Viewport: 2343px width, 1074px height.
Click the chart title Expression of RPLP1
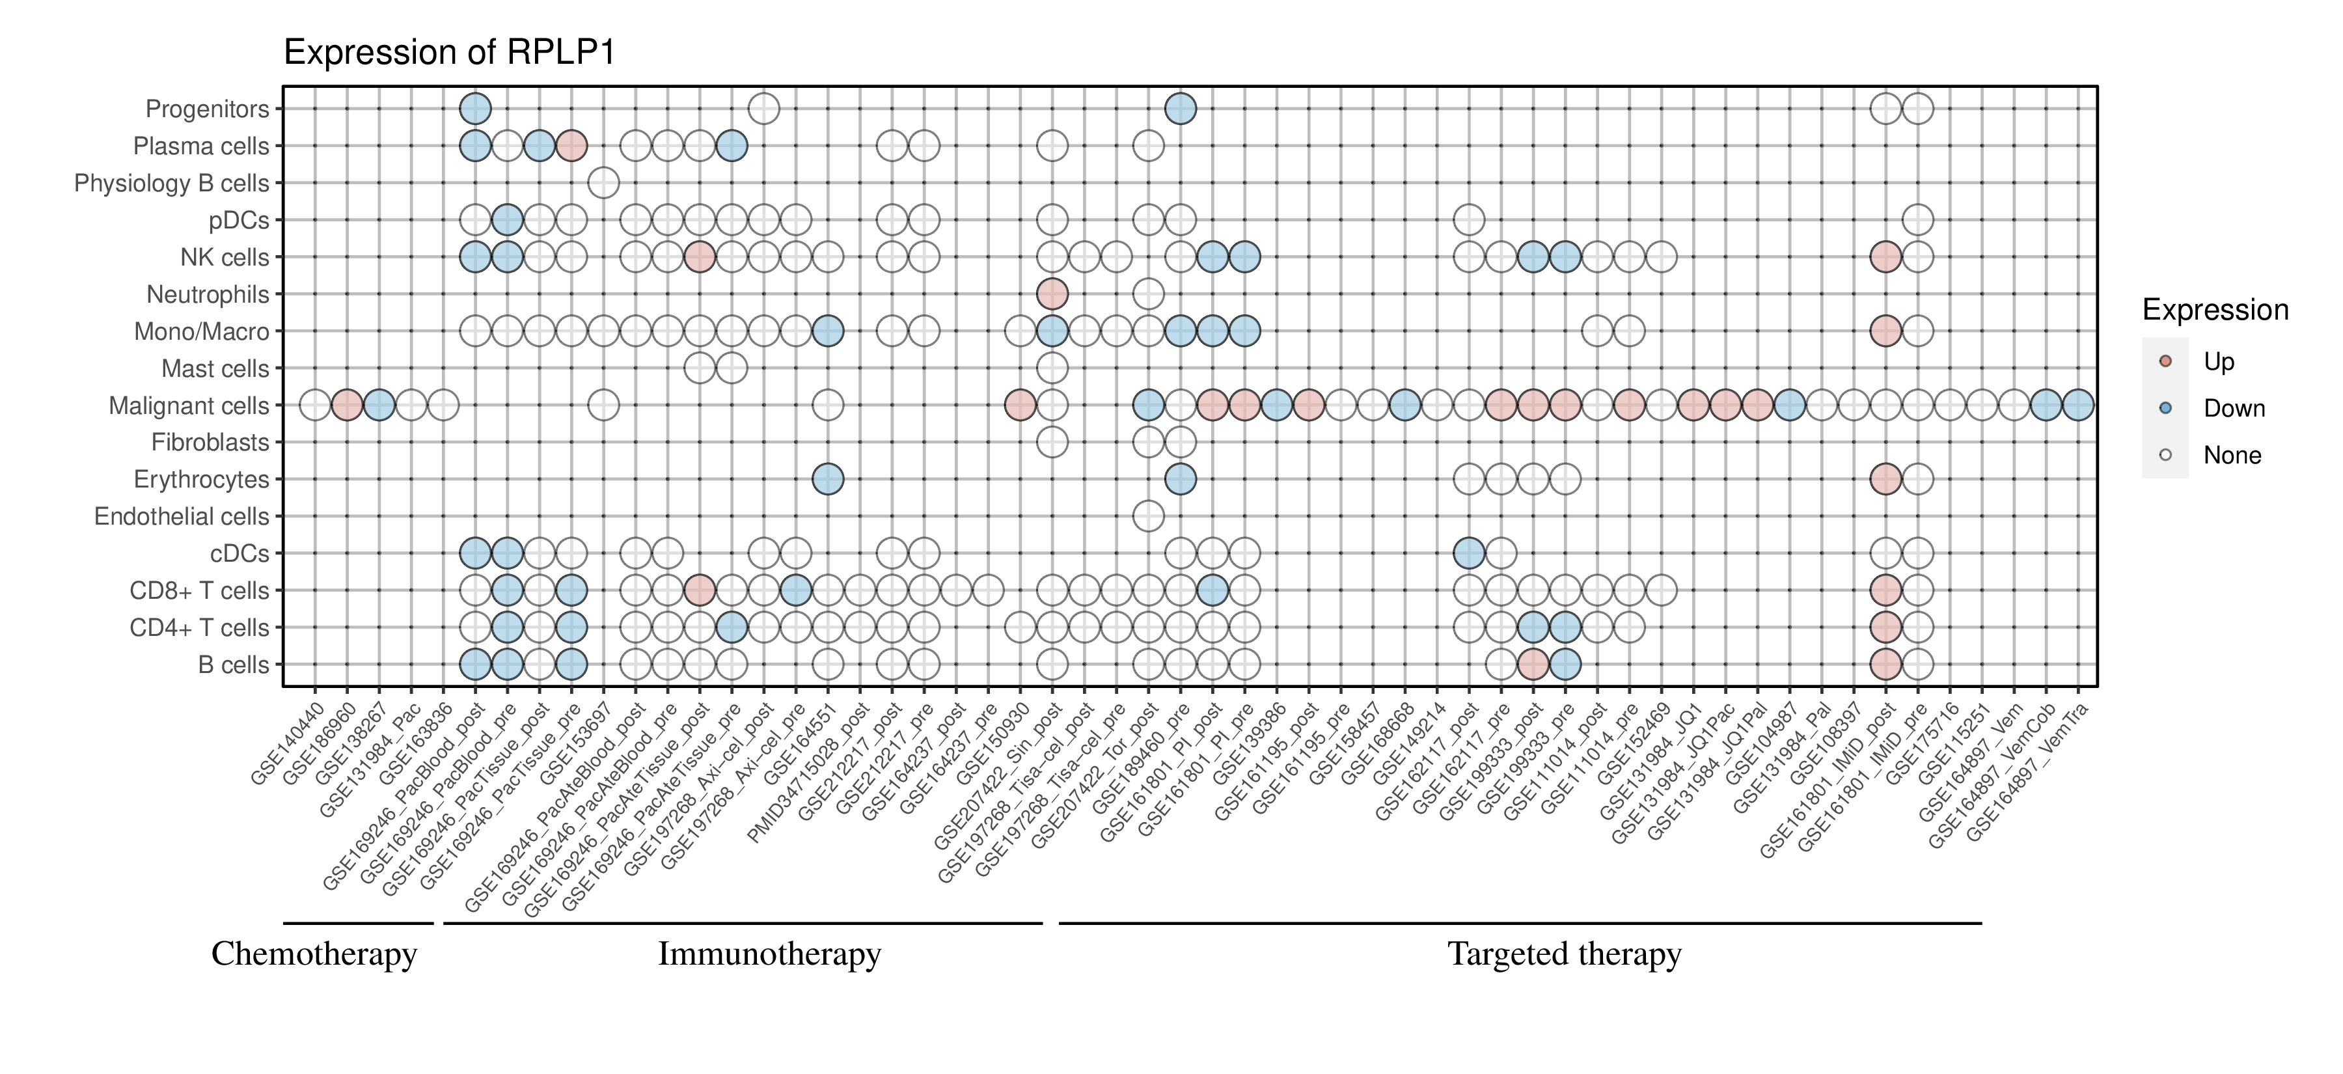(x=449, y=53)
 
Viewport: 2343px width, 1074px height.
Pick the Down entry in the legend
(x=2233, y=408)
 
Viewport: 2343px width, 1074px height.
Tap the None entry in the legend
(x=2231, y=456)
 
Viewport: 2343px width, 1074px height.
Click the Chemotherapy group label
(x=314, y=954)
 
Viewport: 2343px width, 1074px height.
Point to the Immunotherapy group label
(x=769, y=954)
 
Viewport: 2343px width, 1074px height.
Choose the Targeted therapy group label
(x=1565, y=954)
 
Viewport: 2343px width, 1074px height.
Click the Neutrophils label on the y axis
(x=208, y=295)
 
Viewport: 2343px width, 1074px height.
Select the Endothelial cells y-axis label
(x=182, y=517)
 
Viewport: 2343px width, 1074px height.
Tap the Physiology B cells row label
(x=172, y=183)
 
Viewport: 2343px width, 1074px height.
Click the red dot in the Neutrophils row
(x=1052, y=294)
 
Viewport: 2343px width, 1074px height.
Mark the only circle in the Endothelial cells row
(x=1149, y=517)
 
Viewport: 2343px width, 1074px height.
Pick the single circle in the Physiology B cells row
(x=604, y=183)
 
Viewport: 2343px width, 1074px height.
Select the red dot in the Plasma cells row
(x=571, y=146)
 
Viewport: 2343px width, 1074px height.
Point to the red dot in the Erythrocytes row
(x=1885, y=479)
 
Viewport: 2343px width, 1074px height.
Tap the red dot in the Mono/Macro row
(x=1885, y=331)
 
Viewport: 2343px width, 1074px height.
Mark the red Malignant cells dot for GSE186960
(x=346, y=405)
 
